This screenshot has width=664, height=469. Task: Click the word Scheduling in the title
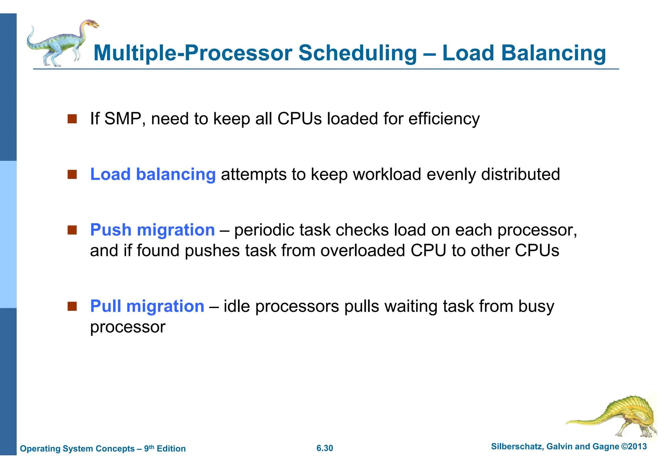[x=357, y=53]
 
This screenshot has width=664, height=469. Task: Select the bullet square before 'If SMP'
[x=72, y=119]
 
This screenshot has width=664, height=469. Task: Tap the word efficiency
[x=444, y=119]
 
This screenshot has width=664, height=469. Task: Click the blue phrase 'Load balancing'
[x=153, y=175]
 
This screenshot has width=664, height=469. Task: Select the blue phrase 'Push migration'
[x=152, y=230]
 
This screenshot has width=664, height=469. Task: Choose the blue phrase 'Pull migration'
[x=147, y=306]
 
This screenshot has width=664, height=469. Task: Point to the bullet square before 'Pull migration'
[x=72, y=306]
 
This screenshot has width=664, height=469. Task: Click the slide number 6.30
[x=325, y=448]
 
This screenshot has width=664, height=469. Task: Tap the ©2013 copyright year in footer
[x=634, y=447]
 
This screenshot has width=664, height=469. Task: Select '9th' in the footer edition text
[x=149, y=448]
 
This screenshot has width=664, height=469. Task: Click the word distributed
[x=520, y=174]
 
